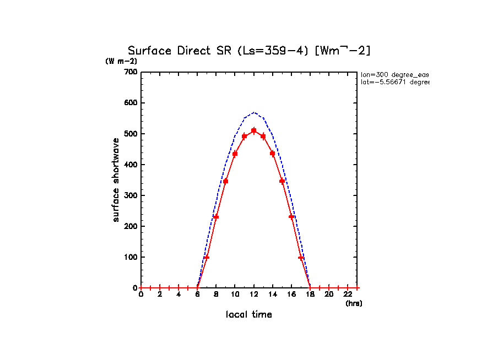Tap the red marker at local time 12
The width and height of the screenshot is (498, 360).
click(254, 130)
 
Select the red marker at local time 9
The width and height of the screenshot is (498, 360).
click(226, 181)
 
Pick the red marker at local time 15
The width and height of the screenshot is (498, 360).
click(282, 181)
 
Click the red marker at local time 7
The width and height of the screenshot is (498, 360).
click(207, 257)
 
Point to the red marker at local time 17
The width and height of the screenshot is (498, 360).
click(301, 257)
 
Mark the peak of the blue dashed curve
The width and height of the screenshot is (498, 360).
click(254, 112)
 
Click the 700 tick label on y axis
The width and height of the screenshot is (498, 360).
click(131, 72)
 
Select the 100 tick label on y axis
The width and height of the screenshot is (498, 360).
click(131, 257)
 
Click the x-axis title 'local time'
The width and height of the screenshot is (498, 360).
click(249, 315)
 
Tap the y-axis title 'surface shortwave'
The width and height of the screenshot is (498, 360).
click(116, 180)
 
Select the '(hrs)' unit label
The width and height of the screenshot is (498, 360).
click(354, 303)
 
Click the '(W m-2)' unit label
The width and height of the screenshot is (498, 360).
click(121, 61)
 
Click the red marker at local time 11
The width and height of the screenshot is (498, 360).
click(245, 137)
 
